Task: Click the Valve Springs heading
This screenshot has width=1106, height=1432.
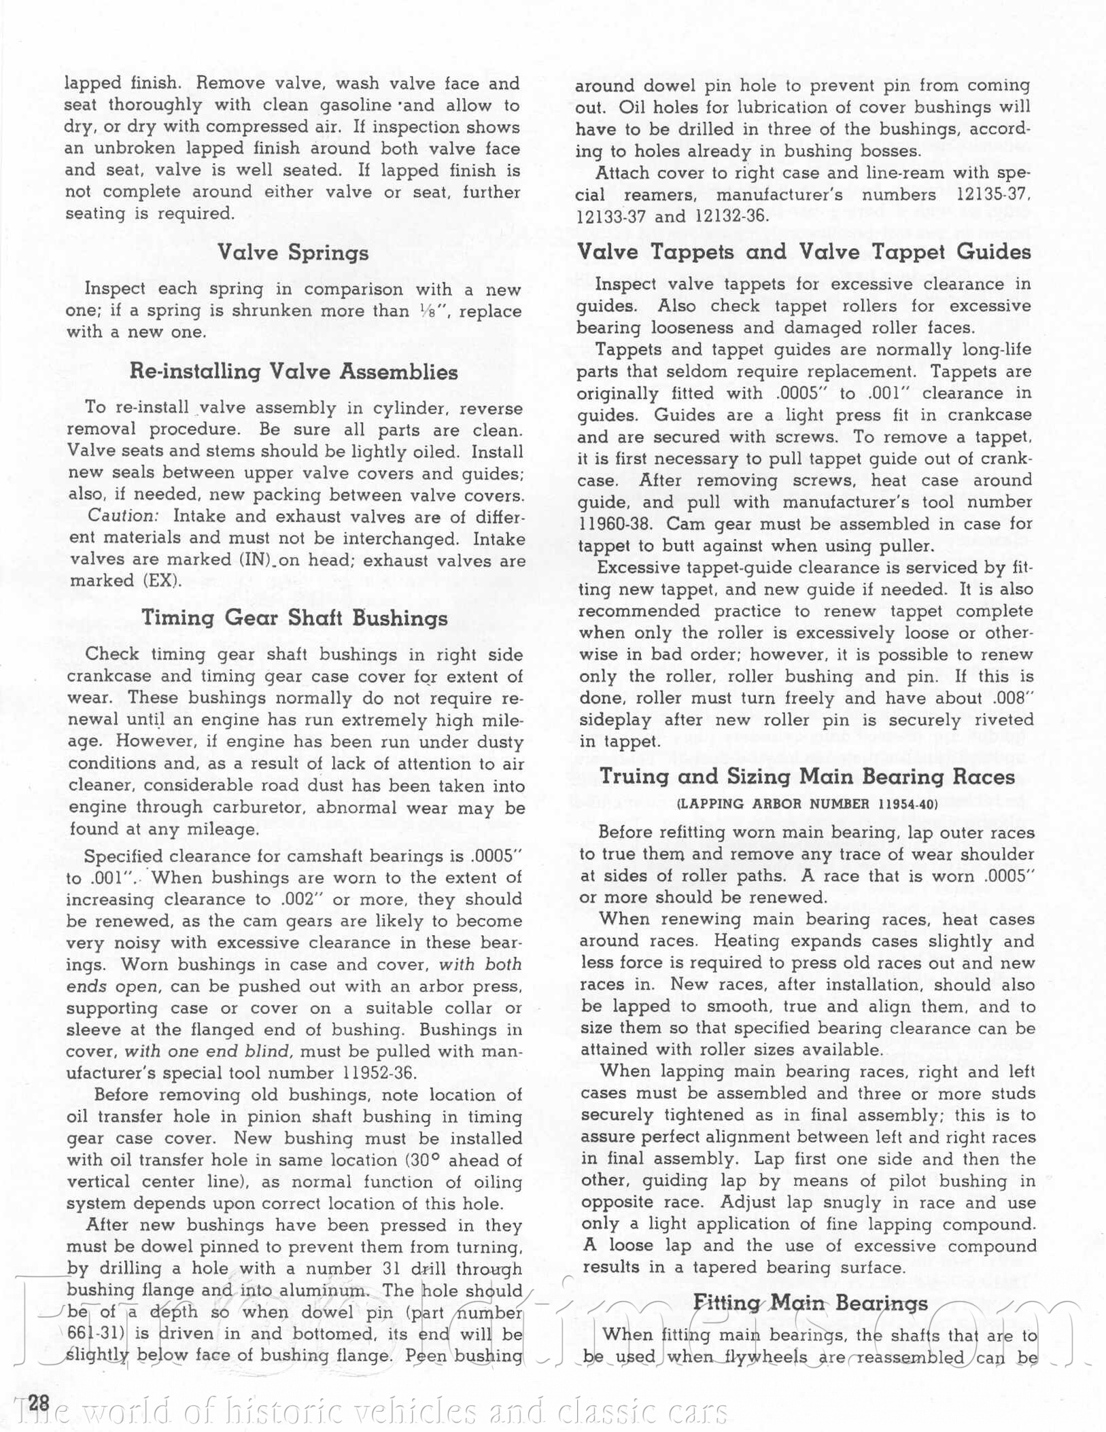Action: pyautogui.click(x=293, y=253)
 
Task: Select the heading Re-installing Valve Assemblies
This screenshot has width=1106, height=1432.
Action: pyautogui.click(x=294, y=372)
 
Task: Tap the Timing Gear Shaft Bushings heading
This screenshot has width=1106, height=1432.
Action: pyautogui.click(x=294, y=618)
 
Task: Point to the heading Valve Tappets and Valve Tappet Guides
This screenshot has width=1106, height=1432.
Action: pyautogui.click(x=803, y=252)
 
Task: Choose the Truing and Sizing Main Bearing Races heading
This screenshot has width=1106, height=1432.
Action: pyautogui.click(x=807, y=777)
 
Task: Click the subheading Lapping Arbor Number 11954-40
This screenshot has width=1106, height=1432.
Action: pyautogui.click(x=807, y=804)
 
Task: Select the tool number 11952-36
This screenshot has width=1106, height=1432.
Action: pyautogui.click(x=376, y=1073)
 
